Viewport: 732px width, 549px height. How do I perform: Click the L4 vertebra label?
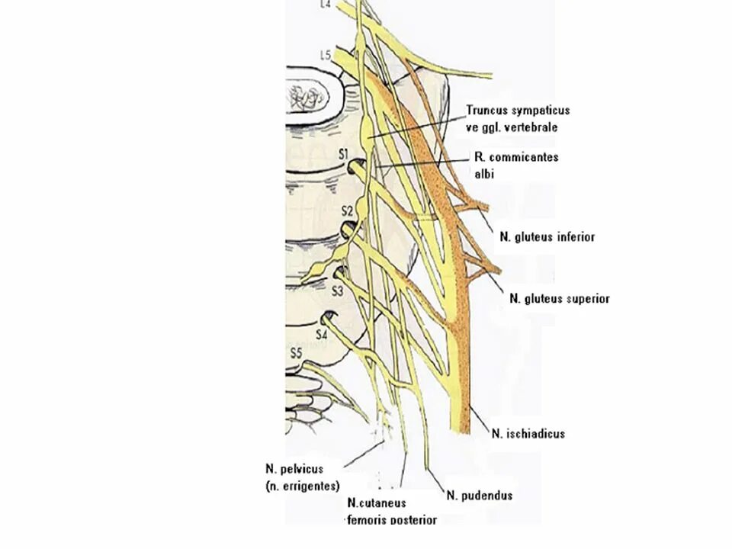tap(326, 5)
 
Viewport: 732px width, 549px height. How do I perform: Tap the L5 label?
tap(326, 55)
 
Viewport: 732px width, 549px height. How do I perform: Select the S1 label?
tap(344, 155)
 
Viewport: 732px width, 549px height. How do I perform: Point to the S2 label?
tap(347, 210)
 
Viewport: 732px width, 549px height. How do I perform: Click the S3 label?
tap(339, 291)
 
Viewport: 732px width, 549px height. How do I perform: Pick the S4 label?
tap(323, 333)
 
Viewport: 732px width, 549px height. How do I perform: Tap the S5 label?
tap(297, 352)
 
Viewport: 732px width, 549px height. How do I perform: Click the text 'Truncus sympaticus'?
tap(518, 111)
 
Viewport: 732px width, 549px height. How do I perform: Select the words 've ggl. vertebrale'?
tap(512, 127)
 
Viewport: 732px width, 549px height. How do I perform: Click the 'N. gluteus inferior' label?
tap(547, 237)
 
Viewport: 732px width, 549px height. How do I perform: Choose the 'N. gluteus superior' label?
tap(559, 299)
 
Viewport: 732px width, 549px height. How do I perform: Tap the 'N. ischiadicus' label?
tap(528, 434)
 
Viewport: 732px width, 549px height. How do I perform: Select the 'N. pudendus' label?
tap(479, 496)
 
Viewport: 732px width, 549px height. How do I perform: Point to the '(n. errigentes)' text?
tap(303, 486)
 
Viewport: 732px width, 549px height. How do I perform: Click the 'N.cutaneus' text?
tap(377, 503)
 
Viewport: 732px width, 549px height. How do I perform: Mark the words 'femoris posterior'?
tap(392, 520)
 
